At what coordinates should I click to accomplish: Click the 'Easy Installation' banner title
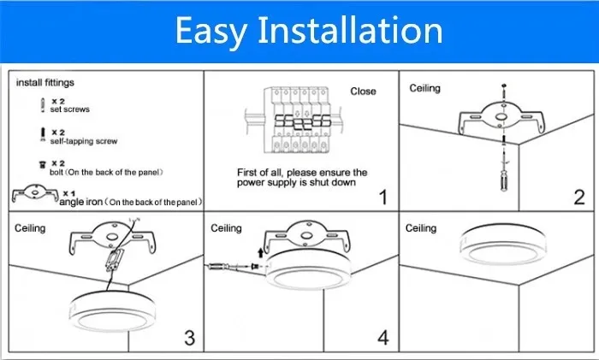[309, 30]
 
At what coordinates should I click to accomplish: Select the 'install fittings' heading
[45, 82]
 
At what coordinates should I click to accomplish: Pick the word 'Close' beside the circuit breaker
[363, 91]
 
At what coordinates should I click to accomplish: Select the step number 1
[383, 198]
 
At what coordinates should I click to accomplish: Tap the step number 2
[579, 198]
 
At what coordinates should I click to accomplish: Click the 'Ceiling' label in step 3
[30, 228]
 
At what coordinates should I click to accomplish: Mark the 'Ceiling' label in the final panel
[421, 228]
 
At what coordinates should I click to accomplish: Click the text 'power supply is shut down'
[297, 183]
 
